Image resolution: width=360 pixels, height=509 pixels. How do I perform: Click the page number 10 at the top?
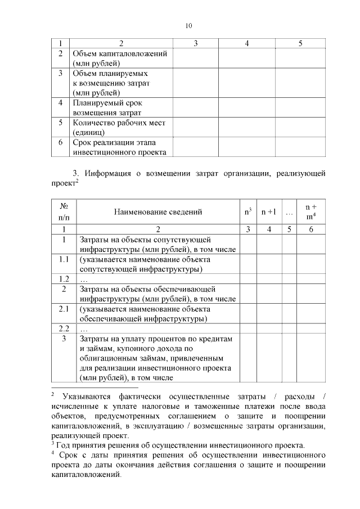(x=188, y=26)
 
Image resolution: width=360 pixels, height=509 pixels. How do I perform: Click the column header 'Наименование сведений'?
(x=157, y=212)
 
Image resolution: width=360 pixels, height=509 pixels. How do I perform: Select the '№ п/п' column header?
(x=64, y=212)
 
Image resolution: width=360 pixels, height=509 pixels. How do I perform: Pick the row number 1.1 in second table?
(x=64, y=259)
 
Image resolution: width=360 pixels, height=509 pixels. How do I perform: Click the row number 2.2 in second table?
(x=64, y=328)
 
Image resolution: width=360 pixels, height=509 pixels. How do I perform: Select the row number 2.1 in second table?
(x=64, y=309)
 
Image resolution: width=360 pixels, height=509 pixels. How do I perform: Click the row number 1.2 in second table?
(x=64, y=279)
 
